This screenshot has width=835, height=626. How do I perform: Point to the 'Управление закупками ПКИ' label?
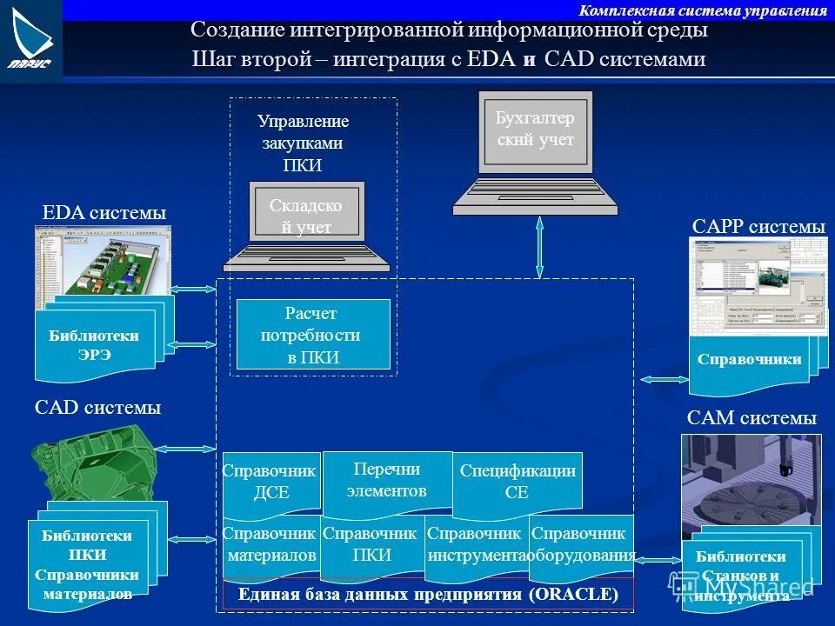click(x=303, y=143)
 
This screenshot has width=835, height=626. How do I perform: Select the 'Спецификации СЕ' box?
click(x=518, y=482)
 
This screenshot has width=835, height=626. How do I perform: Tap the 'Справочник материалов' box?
click(x=271, y=545)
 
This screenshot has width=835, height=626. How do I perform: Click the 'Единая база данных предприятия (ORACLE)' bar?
click(x=429, y=595)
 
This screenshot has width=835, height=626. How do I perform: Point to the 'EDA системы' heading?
click(x=104, y=213)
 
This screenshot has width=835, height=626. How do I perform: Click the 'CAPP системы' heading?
click(x=758, y=226)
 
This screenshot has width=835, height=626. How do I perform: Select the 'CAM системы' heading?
click(x=751, y=418)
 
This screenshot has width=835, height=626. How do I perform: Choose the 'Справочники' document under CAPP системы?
click(x=749, y=359)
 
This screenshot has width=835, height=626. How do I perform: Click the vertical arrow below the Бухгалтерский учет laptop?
click(x=539, y=247)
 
